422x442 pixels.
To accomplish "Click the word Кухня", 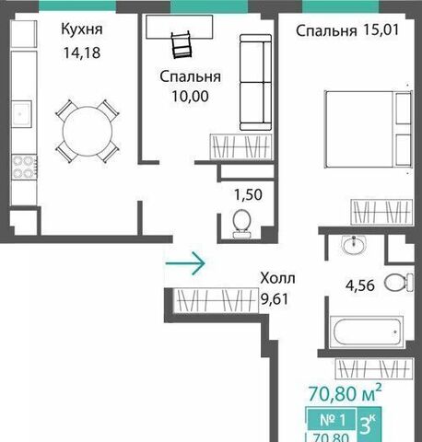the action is pos(82,29).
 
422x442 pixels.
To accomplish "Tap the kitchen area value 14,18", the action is pos(82,52).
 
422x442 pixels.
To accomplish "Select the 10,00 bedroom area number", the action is pos(190,96).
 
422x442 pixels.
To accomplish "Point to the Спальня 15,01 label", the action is pos(347,30).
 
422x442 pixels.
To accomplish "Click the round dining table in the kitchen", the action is pos(88,131).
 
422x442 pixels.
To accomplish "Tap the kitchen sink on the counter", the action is pos(21,113).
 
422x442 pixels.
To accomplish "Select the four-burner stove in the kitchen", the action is pos(24,168).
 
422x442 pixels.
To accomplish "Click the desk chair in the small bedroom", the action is pos(182,45).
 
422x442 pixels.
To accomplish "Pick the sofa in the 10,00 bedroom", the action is pos(255,82).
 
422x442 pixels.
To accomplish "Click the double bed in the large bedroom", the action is pos(369,129).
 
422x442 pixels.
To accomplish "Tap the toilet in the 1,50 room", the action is pos(241,224).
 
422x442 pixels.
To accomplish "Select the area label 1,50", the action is pos(248,194).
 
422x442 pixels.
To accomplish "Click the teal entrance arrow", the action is pos(185,263).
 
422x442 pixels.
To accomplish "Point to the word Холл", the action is pos(277,278).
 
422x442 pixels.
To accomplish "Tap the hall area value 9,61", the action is pos(275,298).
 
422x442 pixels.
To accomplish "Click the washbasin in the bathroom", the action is pos(354,245).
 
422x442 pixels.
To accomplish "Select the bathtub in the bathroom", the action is pos(367,332).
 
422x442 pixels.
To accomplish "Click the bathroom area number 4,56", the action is pos(360,285).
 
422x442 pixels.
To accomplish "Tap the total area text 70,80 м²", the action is pos(346,392).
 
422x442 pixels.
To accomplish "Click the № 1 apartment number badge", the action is pos(333,419).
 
